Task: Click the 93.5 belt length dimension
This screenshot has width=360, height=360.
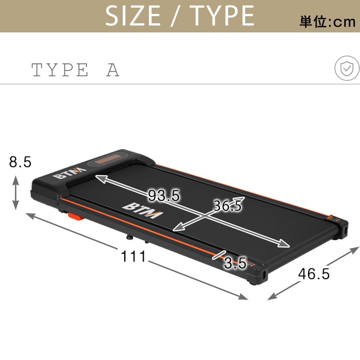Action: [x=164, y=196]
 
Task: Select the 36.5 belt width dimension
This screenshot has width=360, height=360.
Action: [x=228, y=206]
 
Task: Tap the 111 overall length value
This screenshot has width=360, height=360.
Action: [x=133, y=257]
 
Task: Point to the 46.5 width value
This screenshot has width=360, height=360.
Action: [x=314, y=274]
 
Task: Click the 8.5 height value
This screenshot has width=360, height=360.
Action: [x=20, y=162]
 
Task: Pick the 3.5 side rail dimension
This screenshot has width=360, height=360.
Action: [x=235, y=263]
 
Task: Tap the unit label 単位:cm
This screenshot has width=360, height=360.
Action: [x=327, y=22]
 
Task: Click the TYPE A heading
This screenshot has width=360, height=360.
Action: [x=75, y=70]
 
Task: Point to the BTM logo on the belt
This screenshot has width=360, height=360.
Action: [x=143, y=211]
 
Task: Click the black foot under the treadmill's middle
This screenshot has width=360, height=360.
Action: [x=128, y=238]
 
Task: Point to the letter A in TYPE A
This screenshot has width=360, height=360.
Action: [x=113, y=70]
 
